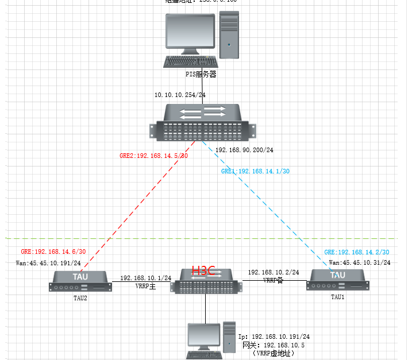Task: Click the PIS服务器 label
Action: click(x=201, y=74)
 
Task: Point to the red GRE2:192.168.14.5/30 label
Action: click(x=153, y=156)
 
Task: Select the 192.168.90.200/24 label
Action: click(x=244, y=150)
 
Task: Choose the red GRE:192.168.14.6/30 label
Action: click(x=53, y=251)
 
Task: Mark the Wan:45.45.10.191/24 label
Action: click(x=48, y=263)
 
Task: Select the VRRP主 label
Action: click(x=146, y=285)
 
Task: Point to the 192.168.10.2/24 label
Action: click(x=274, y=272)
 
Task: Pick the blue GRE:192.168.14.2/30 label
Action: click(x=357, y=252)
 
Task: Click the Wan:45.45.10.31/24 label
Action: click(x=360, y=262)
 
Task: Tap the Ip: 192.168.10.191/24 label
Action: click(x=274, y=336)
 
